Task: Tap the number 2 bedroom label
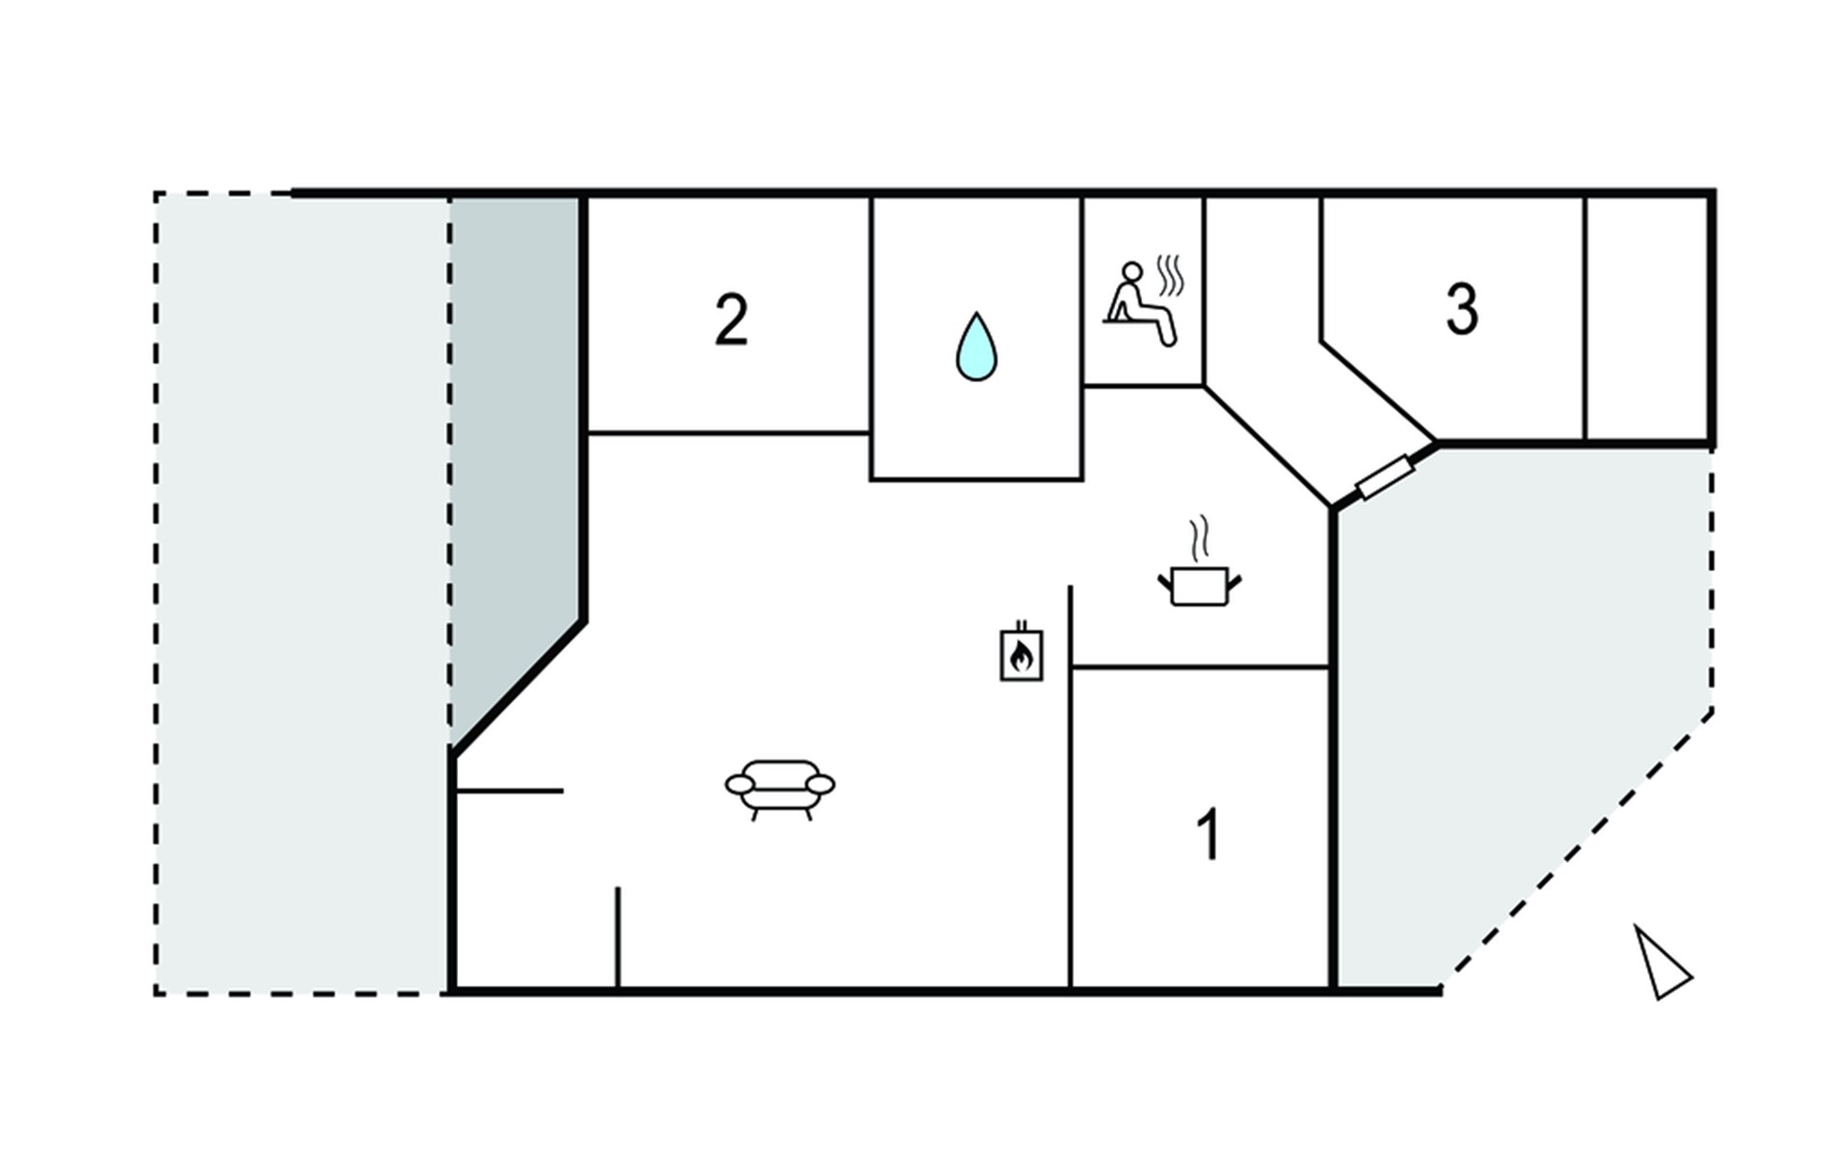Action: [x=731, y=320]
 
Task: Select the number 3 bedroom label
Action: [x=1462, y=309]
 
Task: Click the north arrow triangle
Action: [x=1662, y=962]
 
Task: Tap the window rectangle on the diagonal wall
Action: [x=1385, y=477]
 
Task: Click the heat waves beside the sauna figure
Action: [x=1170, y=276]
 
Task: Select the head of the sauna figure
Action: [x=1133, y=273]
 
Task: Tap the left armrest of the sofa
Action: [x=740, y=785]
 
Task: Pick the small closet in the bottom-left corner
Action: [x=534, y=890]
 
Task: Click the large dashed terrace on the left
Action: [x=302, y=593]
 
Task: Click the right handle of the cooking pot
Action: [x=1234, y=581]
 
